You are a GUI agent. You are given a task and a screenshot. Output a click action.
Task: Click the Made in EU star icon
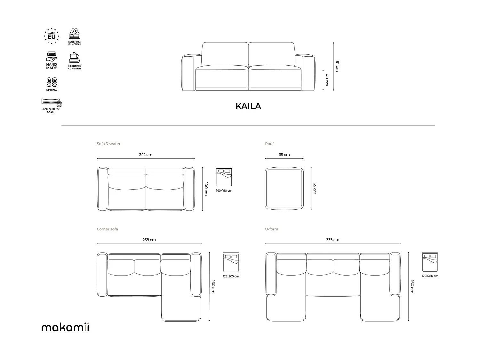pos(52,36)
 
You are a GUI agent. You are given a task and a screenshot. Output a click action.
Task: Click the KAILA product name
pos(248,106)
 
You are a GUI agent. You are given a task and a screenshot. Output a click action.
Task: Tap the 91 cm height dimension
pos(337,66)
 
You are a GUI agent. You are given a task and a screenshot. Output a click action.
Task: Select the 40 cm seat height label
pos(327,80)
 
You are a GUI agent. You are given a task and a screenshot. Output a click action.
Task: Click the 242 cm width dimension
pos(146,155)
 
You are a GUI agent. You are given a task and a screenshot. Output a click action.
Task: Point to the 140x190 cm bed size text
pos(224,191)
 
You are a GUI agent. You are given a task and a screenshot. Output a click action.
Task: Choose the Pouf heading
pos(269,144)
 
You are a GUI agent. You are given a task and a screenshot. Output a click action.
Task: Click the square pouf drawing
pos(284,189)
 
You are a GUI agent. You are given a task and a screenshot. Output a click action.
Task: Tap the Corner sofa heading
pos(107,229)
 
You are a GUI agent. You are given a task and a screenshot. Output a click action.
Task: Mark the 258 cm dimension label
pos(149,240)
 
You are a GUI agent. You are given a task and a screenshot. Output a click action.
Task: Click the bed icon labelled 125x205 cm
pos(231,262)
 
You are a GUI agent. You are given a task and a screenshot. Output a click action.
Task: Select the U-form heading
pos(271,229)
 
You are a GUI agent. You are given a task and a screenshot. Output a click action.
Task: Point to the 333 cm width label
pos(333,240)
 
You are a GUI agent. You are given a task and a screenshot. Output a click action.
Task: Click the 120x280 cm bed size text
pos(430,276)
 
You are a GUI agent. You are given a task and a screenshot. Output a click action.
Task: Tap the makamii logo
pos(65,327)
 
